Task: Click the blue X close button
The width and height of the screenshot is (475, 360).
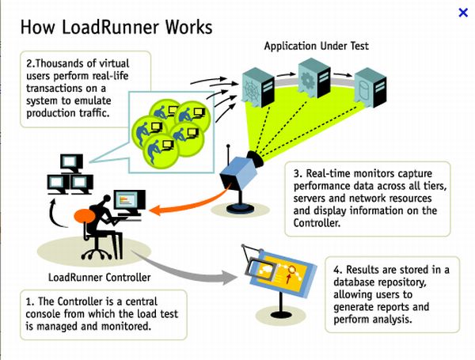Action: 463,12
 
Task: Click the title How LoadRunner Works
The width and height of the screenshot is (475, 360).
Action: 116,27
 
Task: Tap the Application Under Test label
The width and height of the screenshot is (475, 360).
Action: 316,47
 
